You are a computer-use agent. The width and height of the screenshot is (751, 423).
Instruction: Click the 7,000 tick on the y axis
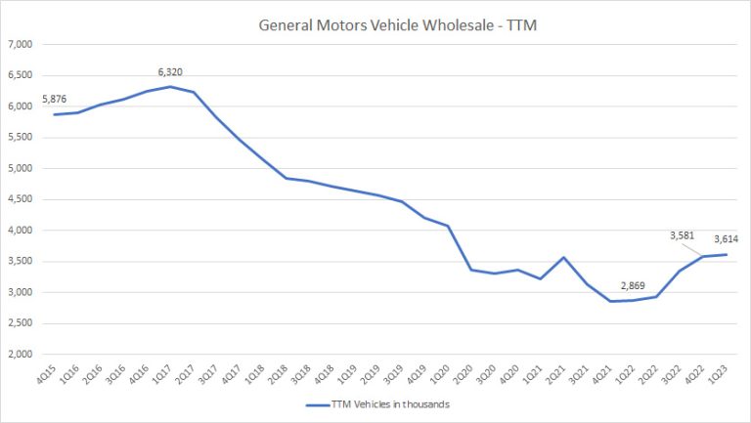pyautogui.click(x=21, y=45)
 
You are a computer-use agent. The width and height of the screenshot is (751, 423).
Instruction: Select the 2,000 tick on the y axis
pyautogui.click(x=21, y=355)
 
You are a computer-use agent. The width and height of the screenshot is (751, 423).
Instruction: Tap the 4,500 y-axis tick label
pyautogui.click(x=21, y=200)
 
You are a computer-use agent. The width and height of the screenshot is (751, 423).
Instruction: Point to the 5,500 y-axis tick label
pyautogui.click(x=21, y=138)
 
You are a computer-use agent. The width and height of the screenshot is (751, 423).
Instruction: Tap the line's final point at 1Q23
pyautogui.click(x=723, y=255)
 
